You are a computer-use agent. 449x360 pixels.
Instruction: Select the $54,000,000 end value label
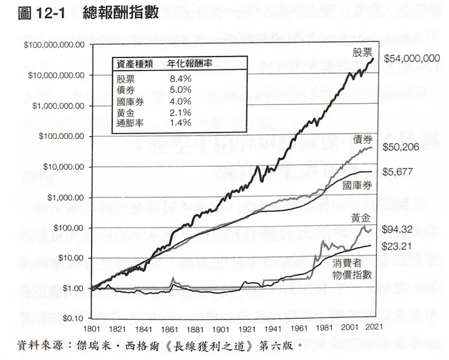411,59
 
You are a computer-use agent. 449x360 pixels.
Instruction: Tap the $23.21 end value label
400,247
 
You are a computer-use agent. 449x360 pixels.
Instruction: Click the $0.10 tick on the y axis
71,318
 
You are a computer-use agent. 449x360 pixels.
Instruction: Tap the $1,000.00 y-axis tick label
63,197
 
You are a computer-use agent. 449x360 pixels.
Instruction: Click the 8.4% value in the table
180,79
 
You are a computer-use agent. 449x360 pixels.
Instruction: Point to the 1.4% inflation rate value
180,123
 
